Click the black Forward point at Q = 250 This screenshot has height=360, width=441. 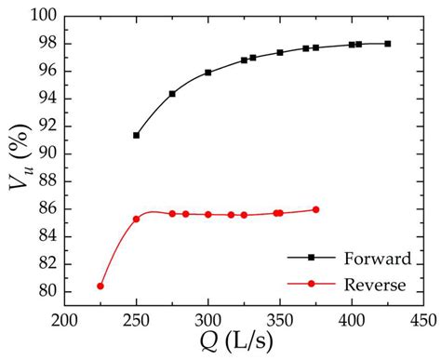pyautogui.click(x=137, y=135)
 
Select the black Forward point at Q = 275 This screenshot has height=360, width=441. pyautogui.click(x=172, y=94)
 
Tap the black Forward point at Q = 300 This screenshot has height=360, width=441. pyautogui.click(x=208, y=73)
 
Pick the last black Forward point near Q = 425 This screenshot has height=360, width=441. pyautogui.click(x=388, y=44)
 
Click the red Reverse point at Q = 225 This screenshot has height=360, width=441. pyautogui.click(x=100, y=286)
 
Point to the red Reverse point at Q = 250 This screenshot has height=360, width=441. pyautogui.click(x=137, y=219)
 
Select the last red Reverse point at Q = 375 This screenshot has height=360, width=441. pyautogui.click(x=315, y=209)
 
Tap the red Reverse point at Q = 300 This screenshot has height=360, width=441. pyautogui.click(x=208, y=214)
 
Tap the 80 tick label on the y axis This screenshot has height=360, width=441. pyautogui.click(x=47, y=292)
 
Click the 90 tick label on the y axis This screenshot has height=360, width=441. pyautogui.click(x=47, y=154)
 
